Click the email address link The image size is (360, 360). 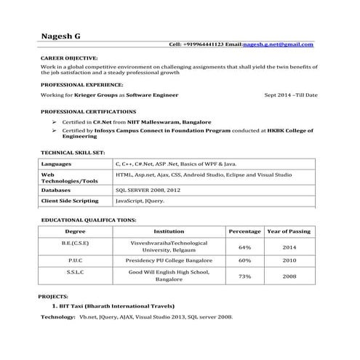(278, 44)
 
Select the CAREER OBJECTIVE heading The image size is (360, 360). (69, 57)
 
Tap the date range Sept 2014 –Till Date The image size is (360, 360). (291, 95)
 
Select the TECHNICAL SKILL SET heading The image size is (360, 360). (73, 153)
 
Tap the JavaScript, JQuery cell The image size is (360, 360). (140, 200)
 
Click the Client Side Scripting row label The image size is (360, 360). (70, 200)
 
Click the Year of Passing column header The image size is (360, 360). (289, 231)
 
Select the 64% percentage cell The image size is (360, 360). (245, 247)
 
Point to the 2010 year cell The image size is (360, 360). (289, 260)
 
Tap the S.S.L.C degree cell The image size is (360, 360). (76, 272)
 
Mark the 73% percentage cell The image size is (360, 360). (245, 276)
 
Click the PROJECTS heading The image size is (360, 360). (55, 297)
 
